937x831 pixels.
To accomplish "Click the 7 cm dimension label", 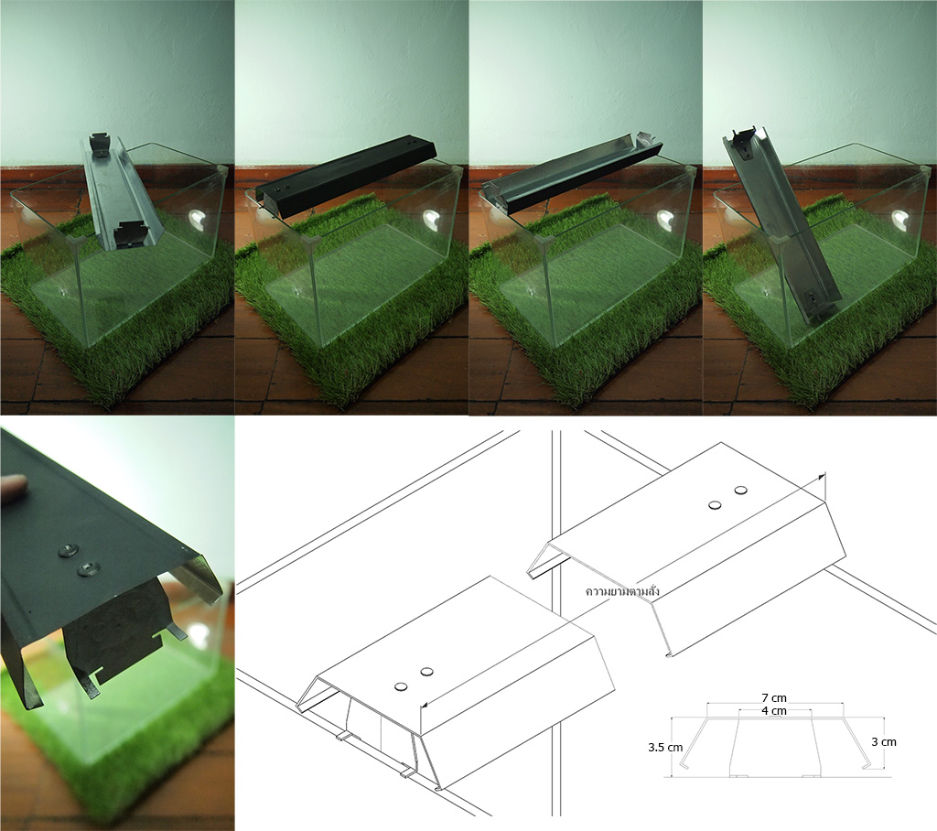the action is click(774, 697).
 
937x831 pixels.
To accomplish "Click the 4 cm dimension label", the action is click(774, 711).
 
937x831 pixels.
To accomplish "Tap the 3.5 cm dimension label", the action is click(665, 748).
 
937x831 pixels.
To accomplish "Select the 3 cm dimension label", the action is click(884, 742).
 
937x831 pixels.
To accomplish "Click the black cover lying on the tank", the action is click(347, 178).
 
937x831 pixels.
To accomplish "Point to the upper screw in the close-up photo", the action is click(68, 550).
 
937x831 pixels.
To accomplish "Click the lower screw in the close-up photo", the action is click(89, 567).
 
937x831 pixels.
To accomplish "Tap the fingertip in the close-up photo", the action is click(13, 482).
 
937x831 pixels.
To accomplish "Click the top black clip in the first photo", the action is click(100, 145).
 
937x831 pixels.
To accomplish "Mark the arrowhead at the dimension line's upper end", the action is click(824, 476).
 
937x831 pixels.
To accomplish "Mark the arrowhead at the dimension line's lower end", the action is click(424, 706).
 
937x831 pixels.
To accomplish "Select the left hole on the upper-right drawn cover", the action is click(714, 505).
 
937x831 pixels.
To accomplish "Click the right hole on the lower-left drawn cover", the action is click(426, 672).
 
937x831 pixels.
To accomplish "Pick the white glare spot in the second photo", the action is click(431, 218).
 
